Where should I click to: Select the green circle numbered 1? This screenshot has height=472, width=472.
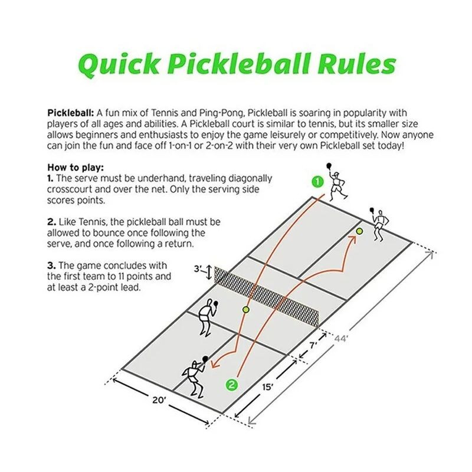317,181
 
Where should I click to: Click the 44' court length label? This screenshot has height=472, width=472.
340,339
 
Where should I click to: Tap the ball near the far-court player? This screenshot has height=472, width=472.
359,231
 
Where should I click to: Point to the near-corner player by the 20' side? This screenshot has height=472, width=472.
194,375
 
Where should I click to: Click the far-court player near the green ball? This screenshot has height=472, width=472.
379,221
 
